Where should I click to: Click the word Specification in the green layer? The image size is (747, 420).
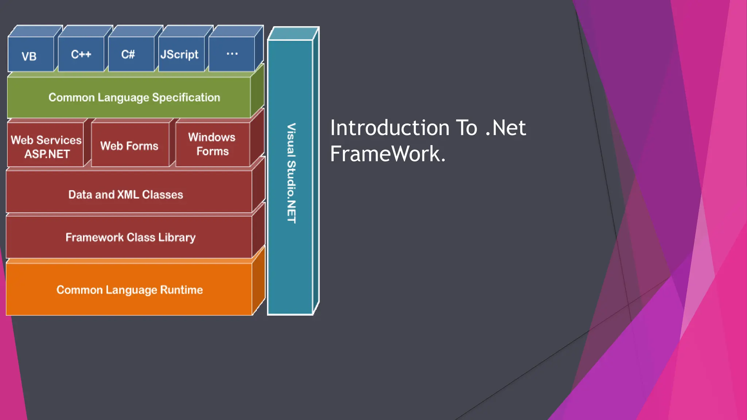186,97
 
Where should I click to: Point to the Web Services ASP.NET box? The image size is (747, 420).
46,146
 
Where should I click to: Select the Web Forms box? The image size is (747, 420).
129,145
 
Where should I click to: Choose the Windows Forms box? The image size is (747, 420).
212,144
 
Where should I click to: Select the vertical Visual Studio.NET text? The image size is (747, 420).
291,173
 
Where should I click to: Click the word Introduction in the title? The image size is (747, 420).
390,128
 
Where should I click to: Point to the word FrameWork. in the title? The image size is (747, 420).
388,153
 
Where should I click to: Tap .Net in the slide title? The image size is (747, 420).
506,128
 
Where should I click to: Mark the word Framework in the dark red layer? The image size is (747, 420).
94,237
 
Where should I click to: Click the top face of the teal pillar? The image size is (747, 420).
293,34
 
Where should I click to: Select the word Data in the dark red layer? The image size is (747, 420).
80,194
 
